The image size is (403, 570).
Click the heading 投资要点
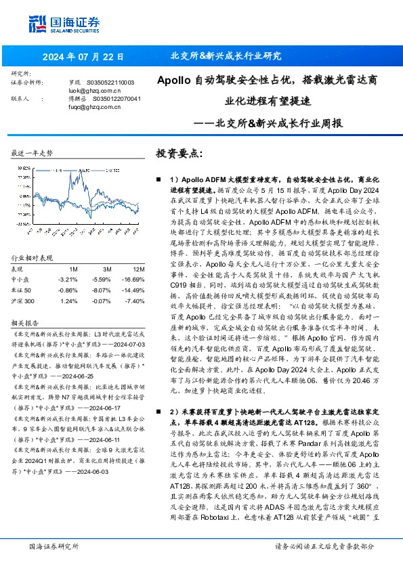pos(179,154)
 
